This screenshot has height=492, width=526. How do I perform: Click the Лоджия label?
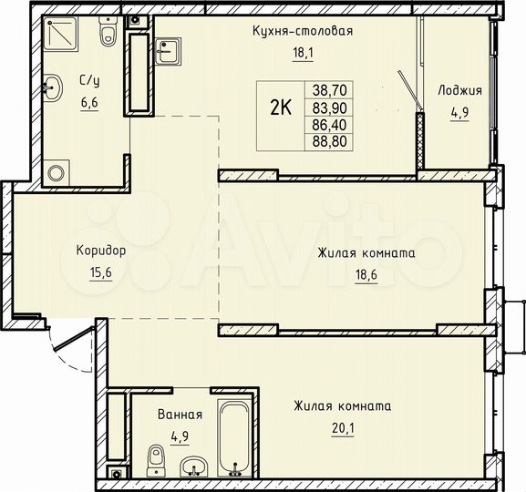click(x=459, y=91)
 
